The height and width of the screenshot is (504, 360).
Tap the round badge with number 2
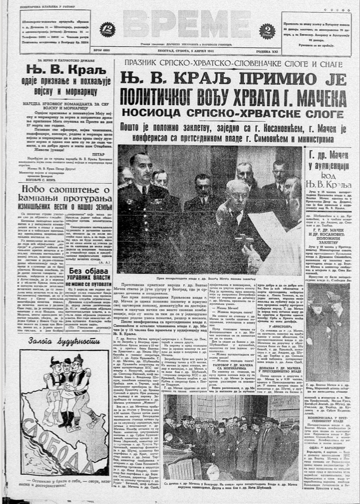(267, 30)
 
